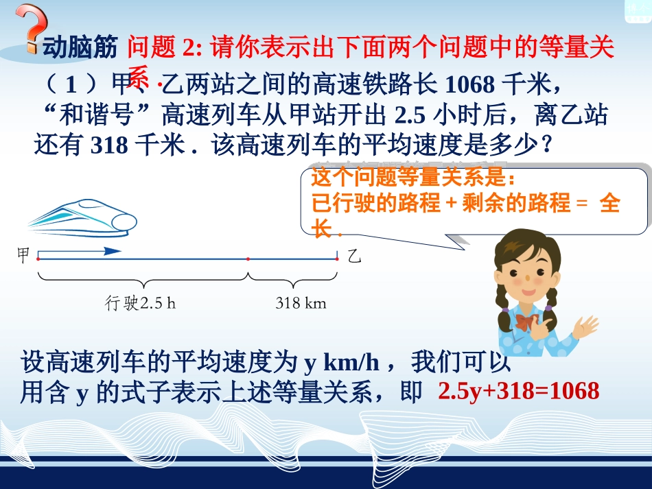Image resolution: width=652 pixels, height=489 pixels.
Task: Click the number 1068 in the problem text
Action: point(470,84)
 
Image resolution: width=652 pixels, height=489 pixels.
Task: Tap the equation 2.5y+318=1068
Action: point(518,391)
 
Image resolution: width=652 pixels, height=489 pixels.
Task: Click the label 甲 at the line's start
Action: point(23,256)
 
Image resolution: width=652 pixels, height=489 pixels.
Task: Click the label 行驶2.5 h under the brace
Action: point(140,302)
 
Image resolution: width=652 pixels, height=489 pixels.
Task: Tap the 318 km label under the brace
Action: point(301,302)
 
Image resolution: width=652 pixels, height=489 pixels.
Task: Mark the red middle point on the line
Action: point(247,259)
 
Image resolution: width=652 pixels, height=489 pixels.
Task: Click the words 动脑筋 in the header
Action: point(82,48)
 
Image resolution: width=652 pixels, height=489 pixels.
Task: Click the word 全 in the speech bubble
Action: point(609,204)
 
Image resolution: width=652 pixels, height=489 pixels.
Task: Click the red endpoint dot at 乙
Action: point(337,259)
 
